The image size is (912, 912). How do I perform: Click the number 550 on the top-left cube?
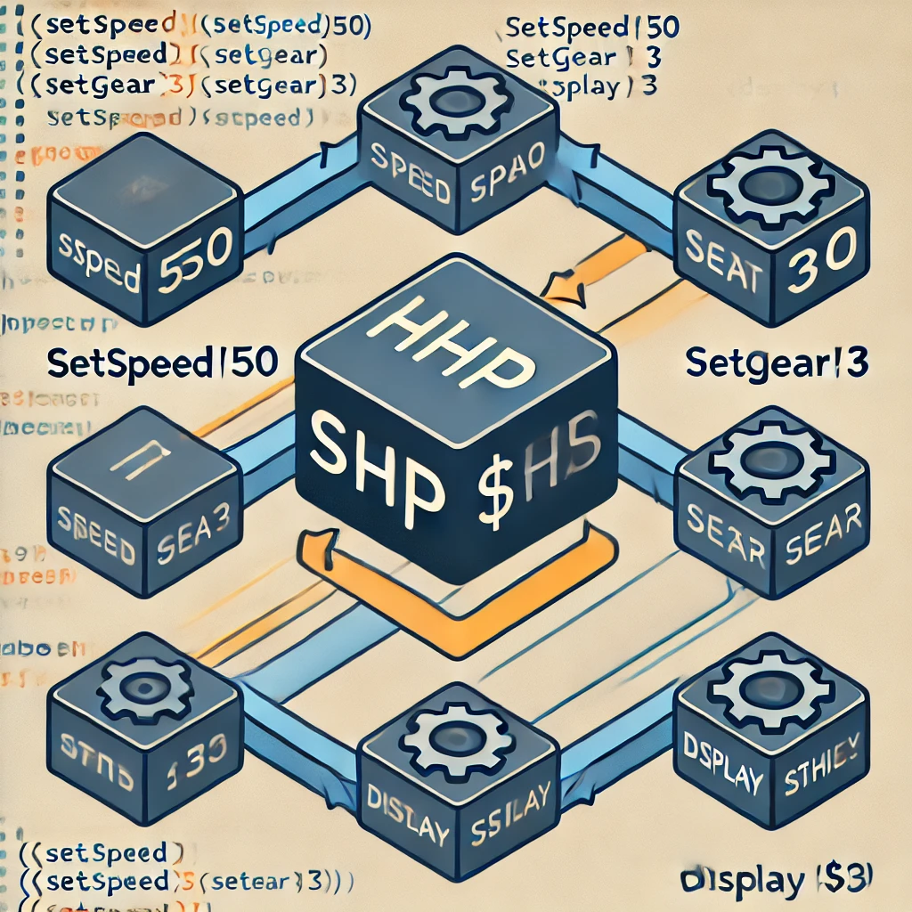point(197,257)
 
